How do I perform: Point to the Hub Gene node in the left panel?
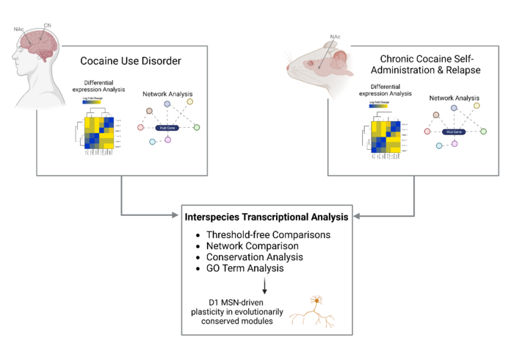pos(168,128)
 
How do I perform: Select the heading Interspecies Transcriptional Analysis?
pos(269,218)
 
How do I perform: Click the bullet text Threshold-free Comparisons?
pos(266,235)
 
